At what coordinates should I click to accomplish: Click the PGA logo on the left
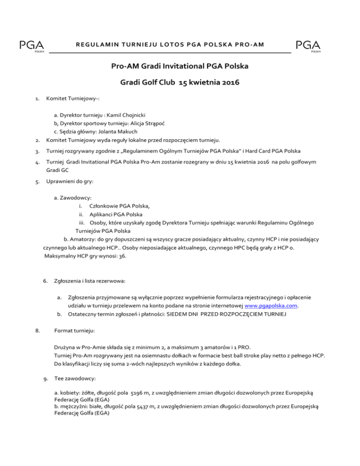tap(31, 46)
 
